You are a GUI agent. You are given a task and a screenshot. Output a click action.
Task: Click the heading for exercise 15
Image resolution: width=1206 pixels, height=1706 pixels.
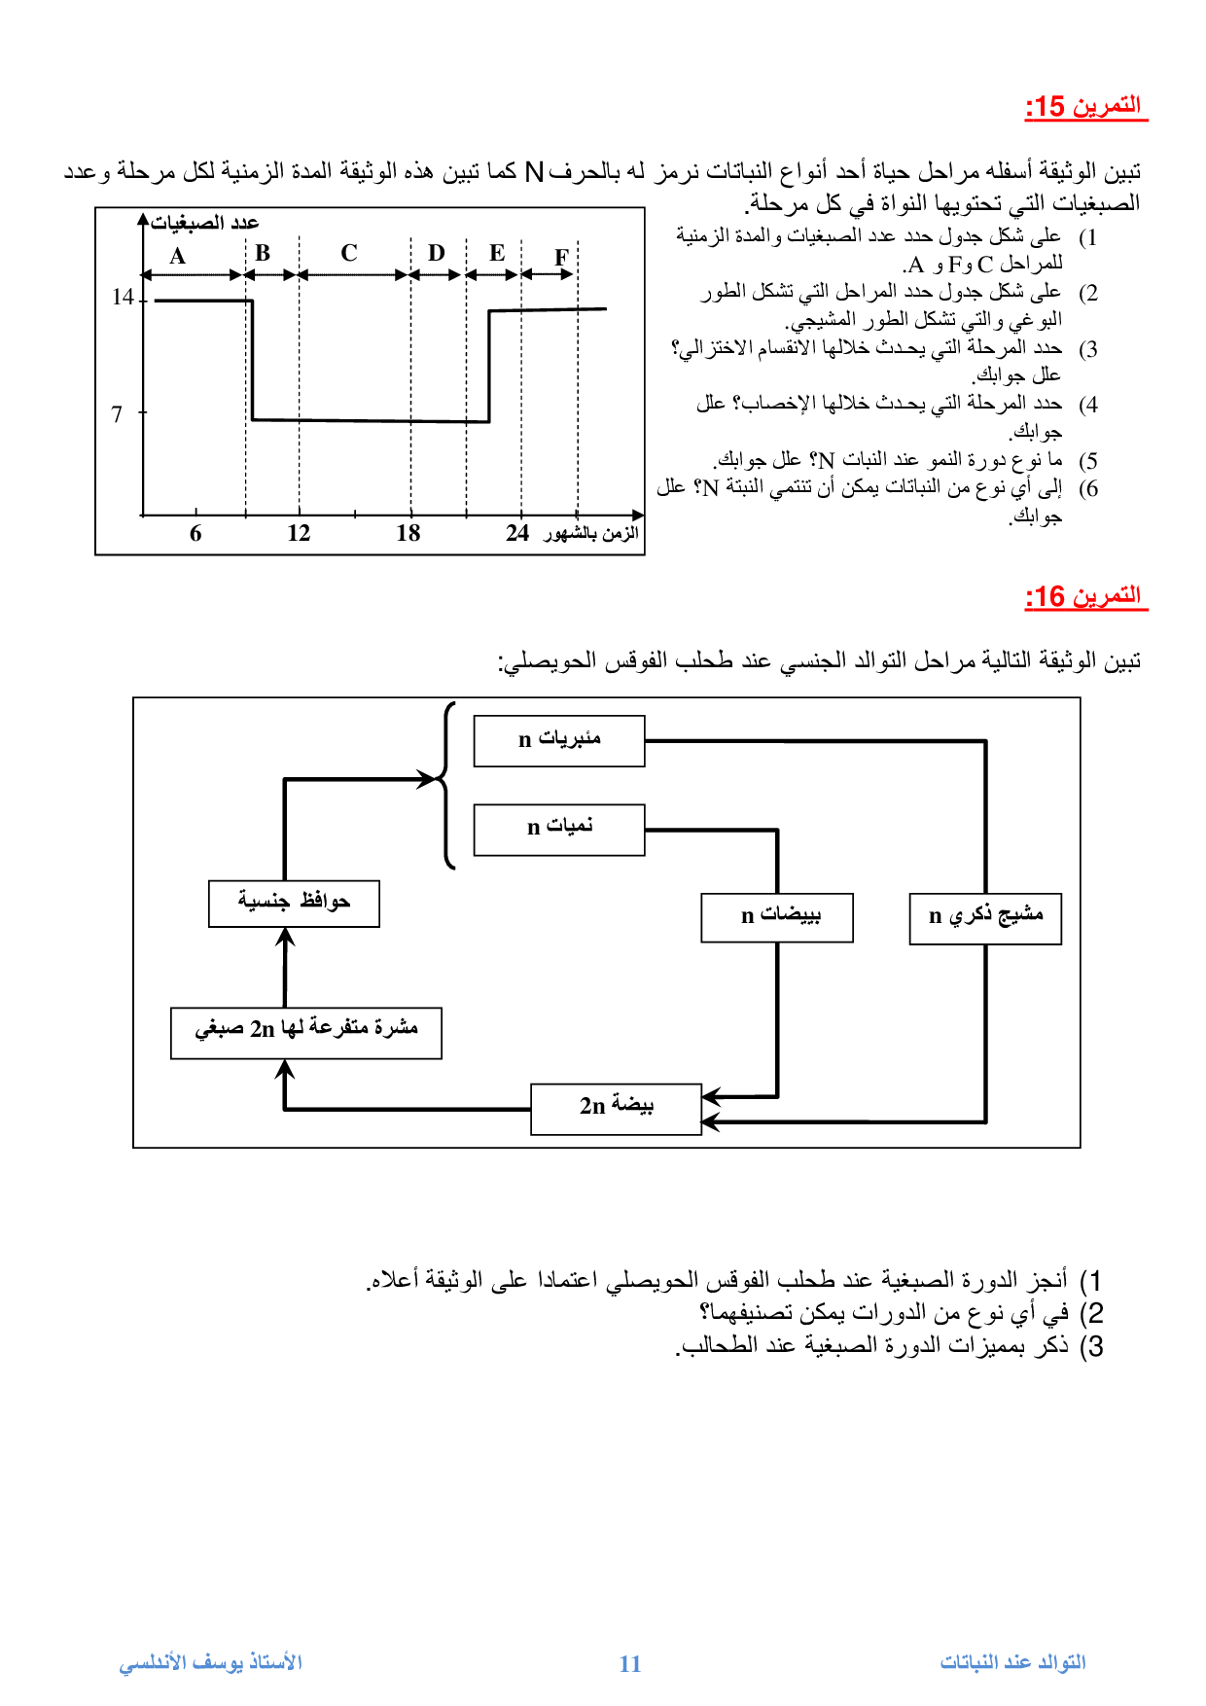pyautogui.click(x=1085, y=106)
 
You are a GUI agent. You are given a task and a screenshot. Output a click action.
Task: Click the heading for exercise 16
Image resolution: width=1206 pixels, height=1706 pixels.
pyautogui.click(x=1085, y=596)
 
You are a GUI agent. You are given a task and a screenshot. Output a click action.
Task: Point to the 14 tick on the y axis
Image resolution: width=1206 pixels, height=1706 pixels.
pyautogui.click(x=124, y=297)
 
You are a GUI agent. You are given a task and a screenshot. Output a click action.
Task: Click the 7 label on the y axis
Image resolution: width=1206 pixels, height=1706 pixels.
pyautogui.click(x=117, y=414)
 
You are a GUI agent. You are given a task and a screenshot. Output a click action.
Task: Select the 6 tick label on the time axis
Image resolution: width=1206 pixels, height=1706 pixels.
pyautogui.click(x=195, y=533)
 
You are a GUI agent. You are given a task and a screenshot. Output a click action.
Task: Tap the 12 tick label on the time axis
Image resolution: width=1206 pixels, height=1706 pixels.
pyautogui.click(x=299, y=533)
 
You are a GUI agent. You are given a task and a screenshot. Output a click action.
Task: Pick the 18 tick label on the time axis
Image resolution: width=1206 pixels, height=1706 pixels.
pyautogui.click(x=408, y=533)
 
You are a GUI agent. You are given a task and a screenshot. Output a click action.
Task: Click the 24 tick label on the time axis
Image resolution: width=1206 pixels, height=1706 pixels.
pyautogui.click(x=517, y=533)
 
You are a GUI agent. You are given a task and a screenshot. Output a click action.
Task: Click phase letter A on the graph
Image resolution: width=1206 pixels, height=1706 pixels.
pyautogui.click(x=177, y=256)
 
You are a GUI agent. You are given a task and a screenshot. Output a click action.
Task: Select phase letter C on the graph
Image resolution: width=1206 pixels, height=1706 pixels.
pyautogui.click(x=349, y=253)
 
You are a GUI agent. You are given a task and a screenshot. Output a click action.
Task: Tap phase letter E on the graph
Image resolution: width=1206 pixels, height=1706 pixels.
pyautogui.click(x=497, y=253)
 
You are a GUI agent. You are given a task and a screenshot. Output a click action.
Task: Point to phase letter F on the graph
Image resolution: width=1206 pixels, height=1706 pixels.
pyautogui.click(x=561, y=258)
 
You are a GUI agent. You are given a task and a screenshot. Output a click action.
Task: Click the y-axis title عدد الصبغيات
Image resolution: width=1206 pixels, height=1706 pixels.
pyautogui.click(x=205, y=223)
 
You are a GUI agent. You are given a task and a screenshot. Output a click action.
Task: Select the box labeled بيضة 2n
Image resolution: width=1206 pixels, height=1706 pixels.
pyautogui.click(x=616, y=1109)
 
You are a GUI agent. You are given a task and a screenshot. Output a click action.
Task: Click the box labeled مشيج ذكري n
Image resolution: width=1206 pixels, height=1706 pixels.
pyautogui.click(x=985, y=918)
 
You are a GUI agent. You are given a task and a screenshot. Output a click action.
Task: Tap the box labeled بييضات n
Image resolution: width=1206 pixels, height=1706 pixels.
pyautogui.click(x=777, y=917)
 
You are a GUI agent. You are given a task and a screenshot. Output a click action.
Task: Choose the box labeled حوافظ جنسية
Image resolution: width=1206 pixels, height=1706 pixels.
pyautogui.click(x=294, y=904)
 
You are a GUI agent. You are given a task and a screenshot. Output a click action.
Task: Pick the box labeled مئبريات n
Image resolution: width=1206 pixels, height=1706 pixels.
pyautogui.click(x=559, y=740)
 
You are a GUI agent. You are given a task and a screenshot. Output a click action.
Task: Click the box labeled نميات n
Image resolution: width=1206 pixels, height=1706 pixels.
pyautogui.click(x=559, y=829)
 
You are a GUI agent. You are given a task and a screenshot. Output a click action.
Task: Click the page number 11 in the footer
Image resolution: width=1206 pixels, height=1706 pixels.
pyautogui.click(x=630, y=1663)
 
